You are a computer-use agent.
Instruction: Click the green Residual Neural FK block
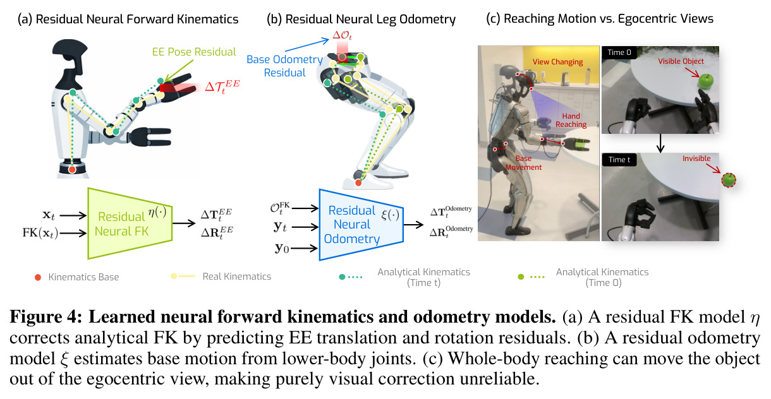point(130,223)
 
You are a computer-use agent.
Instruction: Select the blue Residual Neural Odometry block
point(361,225)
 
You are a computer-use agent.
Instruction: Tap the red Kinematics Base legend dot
point(38,277)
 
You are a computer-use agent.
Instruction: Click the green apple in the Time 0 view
point(705,81)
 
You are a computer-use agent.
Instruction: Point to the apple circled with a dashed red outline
point(729,180)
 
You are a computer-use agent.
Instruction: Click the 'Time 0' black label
point(619,52)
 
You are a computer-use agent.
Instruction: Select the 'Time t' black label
point(619,160)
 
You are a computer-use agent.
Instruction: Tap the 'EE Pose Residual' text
point(194,52)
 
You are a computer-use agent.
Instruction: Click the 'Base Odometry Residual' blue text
point(284,66)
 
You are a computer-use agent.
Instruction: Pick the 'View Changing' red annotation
point(557,62)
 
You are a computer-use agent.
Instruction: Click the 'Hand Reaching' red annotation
point(571,121)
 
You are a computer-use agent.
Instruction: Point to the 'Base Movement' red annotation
point(523,163)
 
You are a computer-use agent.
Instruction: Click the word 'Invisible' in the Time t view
point(696,158)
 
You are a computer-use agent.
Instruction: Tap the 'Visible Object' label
point(681,61)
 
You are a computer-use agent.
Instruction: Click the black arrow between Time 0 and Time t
point(660,143)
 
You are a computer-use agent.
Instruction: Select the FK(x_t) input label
point(40,233)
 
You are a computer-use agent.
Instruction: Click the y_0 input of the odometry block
point(282,248)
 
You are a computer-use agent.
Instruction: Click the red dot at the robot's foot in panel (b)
point(358,183)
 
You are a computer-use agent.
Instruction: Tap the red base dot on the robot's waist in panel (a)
point(72,170)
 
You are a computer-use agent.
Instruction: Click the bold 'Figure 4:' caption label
point(46,316)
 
